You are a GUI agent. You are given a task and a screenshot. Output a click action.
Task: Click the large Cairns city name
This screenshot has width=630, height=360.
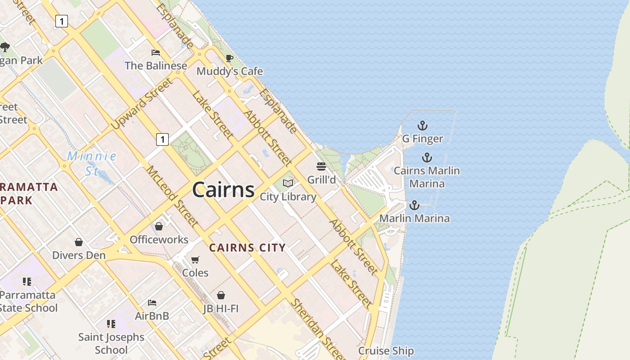click(223, 190)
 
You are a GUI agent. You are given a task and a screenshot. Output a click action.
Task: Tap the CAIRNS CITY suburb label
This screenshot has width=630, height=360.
click(247, 247)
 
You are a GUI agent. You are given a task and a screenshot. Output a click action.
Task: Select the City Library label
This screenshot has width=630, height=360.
click(288, 197)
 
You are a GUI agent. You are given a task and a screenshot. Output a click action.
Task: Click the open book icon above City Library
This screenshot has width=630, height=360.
click(288, 184)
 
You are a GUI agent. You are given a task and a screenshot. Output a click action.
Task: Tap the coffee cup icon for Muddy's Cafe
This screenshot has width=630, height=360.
click(229, 58)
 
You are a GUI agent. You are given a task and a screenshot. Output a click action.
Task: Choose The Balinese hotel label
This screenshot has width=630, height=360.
click(156, 66)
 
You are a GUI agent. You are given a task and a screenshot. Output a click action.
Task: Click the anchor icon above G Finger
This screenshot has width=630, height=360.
click(422, 126)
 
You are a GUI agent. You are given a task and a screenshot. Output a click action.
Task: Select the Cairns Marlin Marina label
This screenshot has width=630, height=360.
click(427, 177)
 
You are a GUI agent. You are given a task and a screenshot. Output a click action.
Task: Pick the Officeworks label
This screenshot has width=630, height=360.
click(159, 239)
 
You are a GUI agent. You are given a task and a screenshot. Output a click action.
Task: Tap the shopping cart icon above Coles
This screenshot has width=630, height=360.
click(195, 260)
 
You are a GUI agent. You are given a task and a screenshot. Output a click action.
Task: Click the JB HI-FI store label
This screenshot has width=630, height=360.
click(220, 308)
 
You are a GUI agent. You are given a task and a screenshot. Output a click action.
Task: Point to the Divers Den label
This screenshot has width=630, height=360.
click(79, 255)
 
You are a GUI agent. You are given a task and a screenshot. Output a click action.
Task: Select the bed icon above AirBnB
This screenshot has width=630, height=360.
click(152, 303)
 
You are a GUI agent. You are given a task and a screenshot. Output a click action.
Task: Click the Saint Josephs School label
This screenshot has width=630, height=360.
click(111, 343)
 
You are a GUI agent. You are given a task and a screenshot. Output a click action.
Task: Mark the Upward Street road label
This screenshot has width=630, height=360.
click(142, 103)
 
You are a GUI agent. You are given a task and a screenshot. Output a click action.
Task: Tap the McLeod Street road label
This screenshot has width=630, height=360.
click(172, 196)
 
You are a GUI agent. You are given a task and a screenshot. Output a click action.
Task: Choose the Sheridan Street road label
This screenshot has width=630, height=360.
click(318, 328)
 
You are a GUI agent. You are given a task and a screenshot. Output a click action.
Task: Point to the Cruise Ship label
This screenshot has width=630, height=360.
click(386, 351)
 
